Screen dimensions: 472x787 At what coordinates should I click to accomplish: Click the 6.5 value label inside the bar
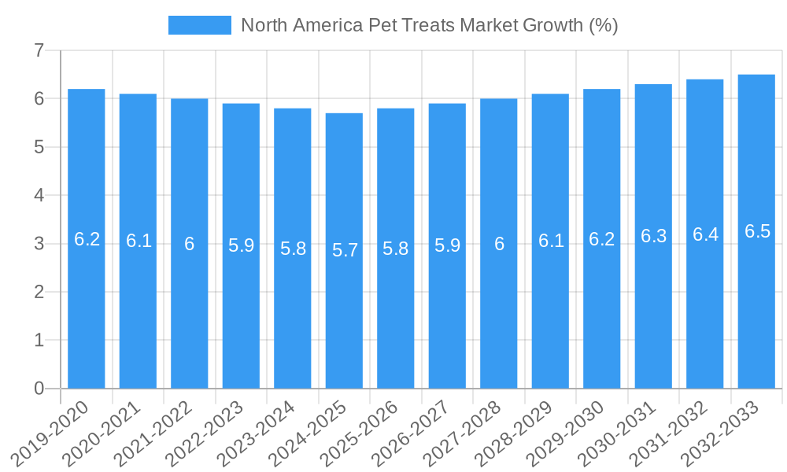(x=757, y=231)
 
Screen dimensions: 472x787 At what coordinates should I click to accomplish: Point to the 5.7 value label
(x=345, y=250)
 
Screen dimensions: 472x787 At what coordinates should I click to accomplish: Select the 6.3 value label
(x=653, y=236)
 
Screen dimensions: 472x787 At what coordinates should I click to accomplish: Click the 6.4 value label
(x=705, y=234)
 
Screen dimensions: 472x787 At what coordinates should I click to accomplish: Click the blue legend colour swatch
(x=200, y=25)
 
